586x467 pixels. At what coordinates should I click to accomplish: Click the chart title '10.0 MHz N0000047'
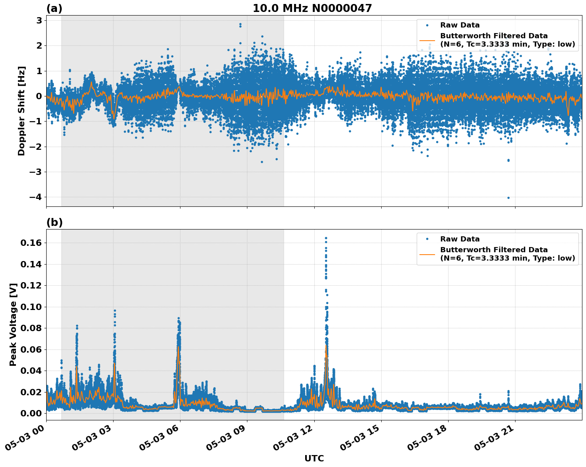pyautogui.click(x=312, y=8)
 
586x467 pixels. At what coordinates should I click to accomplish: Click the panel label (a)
pyautogui.click(x=54, y=8)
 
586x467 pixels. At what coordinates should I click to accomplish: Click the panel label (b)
pyautogui.click(x=54, y=222)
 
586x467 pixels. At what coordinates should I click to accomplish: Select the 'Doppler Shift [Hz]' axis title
pyautogui.click(x=22, y=111)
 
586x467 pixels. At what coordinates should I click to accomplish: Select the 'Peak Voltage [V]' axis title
pyautogui.click(x=13, y=325)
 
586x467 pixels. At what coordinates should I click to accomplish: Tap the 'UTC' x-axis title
pyautogui.click(x=314, y=458)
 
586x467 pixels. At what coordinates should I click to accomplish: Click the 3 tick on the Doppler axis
pyautogui.click(x=39, y=20)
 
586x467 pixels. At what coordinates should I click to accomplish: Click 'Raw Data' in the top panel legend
pyautogui.click(x=460, y=25)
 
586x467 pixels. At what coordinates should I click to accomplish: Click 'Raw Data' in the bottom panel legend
pyautogui.click(x=460, y=239)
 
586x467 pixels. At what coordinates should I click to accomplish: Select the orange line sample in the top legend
pyautogui.click(x=427, y=40)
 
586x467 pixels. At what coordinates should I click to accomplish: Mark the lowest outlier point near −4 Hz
pyautogui.click(x=508, y=198)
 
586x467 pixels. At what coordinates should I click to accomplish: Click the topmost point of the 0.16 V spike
pyautogui.click(x=326, y=238)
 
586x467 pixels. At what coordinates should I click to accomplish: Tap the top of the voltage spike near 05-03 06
pyautogui.click(x=178, y=318)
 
